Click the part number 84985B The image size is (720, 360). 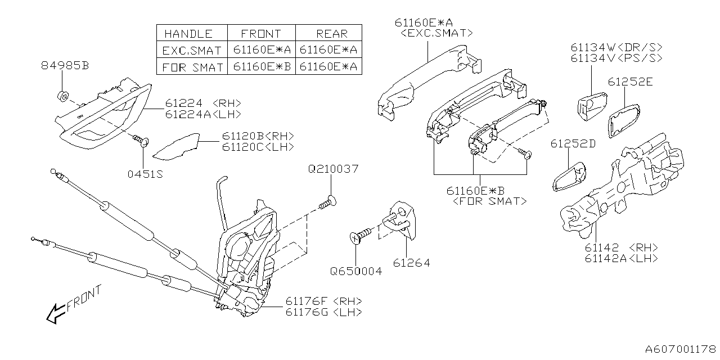click(x=65, y=66)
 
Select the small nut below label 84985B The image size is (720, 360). click(x=63, y=94)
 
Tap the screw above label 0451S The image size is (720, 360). click(x=140, y=139)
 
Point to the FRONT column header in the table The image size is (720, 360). click(x=260, y=33)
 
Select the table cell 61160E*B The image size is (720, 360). click(x=260, y=67)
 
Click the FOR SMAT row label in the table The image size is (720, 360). click(x=191, y=67)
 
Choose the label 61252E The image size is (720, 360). click(x=630, y=82)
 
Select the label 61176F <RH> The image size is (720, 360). click(x=323, y=301)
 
